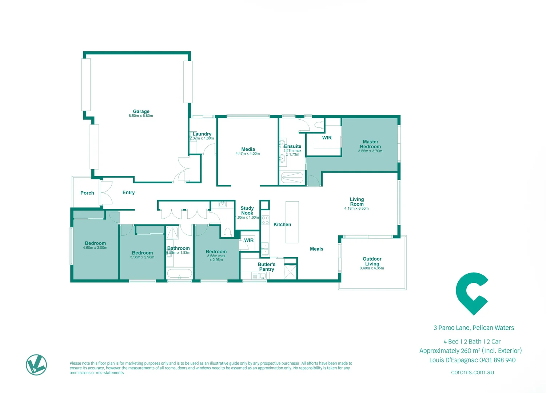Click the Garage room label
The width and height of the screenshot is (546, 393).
point(141,111)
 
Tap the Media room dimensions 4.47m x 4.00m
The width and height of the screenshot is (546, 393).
point(248,154)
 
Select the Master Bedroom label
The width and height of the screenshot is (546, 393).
point(370,144)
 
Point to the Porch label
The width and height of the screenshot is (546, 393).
point(87,193)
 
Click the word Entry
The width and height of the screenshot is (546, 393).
point(128,192)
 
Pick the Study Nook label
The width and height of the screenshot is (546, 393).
point(247,211)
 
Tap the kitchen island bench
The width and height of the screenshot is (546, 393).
point(292,222)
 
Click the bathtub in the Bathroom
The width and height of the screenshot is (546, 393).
point(179,273)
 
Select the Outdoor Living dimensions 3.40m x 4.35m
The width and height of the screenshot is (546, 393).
point(372,268)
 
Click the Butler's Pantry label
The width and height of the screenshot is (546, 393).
point(267,267)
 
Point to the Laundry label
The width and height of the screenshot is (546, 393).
point(202,134)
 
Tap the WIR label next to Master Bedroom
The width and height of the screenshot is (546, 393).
point(327,138)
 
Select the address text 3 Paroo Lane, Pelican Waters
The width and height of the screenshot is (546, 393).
point(474,328)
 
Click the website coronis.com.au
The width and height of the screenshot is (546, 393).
point(472,372)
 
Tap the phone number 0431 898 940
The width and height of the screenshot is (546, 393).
point(497,360)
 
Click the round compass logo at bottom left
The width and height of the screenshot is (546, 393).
point(36,365)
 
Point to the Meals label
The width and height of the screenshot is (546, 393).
point(316,249)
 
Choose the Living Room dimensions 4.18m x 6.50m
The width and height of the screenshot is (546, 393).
point(356,209)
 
